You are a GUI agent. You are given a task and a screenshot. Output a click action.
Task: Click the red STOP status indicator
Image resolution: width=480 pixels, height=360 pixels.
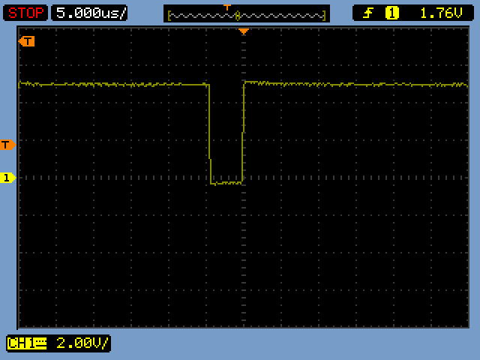(x=25, y=13)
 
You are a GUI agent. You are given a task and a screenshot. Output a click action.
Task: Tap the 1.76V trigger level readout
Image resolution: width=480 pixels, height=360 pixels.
(x=441, y=13)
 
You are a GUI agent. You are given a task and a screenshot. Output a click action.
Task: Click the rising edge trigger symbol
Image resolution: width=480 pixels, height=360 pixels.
(x=368, y=13)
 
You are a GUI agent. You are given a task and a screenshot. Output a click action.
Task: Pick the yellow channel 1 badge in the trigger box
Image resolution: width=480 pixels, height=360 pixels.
(x=391, y=13)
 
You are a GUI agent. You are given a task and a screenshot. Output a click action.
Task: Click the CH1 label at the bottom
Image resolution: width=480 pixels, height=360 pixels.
(x=27, y=343)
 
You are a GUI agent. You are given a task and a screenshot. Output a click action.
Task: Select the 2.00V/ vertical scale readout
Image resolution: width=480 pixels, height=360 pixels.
(x=82, y=343)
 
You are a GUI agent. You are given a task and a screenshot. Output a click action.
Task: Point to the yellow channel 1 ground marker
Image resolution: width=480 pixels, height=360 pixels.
(x=7, y=178)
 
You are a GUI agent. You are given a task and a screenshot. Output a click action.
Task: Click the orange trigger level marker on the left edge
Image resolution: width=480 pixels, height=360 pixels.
(x=7, y=145)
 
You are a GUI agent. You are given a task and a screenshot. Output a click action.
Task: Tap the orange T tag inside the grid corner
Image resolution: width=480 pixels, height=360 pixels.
(x=27, y=41)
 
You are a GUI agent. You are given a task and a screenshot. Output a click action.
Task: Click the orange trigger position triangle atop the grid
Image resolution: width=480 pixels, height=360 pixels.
(x=244, y=31)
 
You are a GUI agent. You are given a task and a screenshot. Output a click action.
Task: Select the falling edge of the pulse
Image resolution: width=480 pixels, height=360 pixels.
(x=210, y=133)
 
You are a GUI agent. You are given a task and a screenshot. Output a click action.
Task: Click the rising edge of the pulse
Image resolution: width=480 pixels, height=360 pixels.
(x=243, y=133)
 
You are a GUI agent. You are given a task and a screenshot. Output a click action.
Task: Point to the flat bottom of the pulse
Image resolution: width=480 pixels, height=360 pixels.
(x=226, y=183)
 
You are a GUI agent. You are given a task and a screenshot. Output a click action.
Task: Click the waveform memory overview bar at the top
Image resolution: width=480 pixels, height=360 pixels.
(x=247, y=13)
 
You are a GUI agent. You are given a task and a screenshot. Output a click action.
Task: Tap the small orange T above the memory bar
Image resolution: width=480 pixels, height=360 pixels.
(x=226, y=7)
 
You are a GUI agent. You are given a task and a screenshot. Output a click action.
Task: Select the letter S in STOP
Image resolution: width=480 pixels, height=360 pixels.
(x=12, y=13)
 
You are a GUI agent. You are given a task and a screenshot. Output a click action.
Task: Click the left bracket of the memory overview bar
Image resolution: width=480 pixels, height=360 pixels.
(x=169, y=15)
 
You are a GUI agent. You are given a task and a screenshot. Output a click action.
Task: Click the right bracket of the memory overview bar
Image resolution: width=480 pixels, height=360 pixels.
(x=324, y=15)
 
